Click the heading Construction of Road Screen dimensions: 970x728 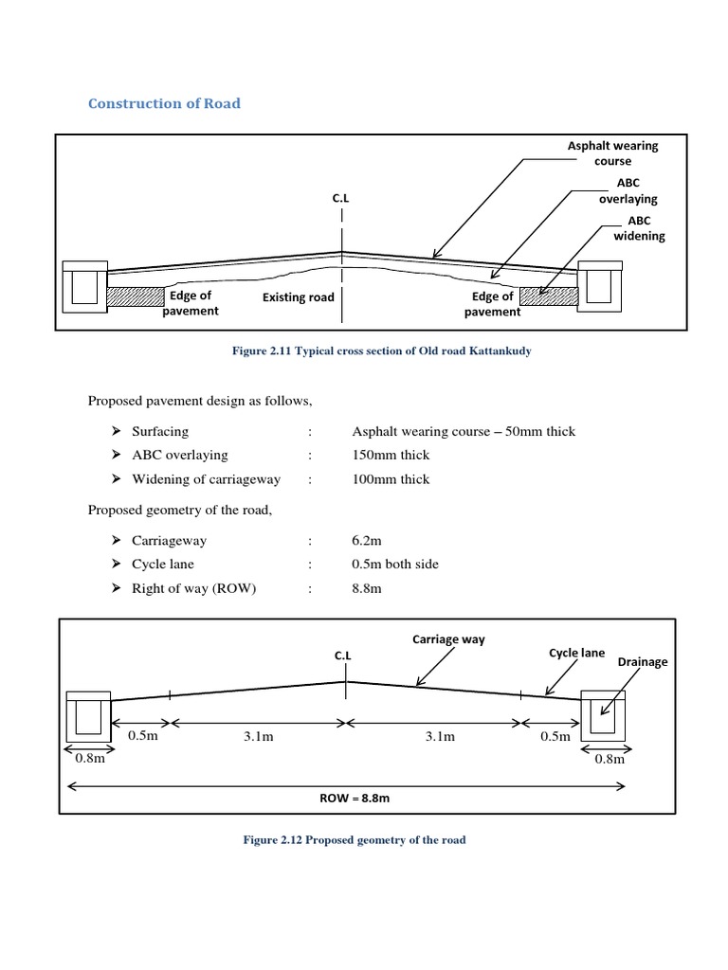coord(164,103)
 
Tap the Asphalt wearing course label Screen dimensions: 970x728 coord(612,153)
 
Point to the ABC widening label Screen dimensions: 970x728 coord(639,228)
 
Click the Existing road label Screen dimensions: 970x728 coord(298,297)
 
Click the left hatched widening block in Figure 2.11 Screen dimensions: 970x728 coord(136,296)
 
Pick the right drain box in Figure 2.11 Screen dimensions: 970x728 coord(599,286)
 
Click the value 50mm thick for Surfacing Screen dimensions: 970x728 coord(463,431)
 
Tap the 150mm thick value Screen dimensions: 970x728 coord(390,455)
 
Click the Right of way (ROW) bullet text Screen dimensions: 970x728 coord(194,588)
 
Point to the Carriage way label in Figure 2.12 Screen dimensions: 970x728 coord(447,639)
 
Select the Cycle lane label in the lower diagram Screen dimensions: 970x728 coord(576,653)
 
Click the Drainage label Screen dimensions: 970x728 coord(643,662)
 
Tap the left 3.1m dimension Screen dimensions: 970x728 coord(257,737)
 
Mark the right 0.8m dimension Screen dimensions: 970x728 coord(609,759)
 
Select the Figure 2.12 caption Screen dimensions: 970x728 coord(355,840)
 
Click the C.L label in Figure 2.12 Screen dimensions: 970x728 coord(342,655)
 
